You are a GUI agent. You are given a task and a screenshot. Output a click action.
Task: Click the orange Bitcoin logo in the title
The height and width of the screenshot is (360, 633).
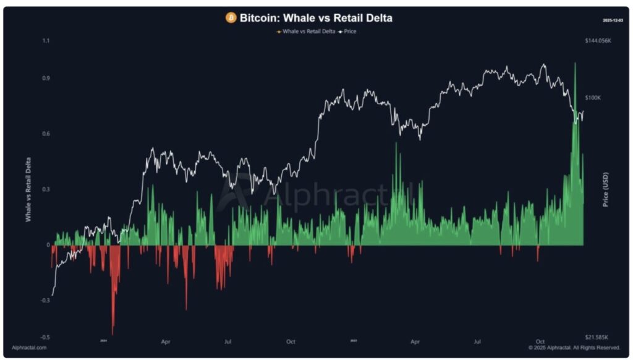[231, 18]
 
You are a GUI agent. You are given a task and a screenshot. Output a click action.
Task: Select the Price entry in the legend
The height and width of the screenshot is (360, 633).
[350, 31]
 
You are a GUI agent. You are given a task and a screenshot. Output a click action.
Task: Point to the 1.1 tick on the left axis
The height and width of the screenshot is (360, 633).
[46, 41]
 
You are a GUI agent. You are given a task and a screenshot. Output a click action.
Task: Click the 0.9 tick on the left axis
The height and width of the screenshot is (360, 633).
[46, 79]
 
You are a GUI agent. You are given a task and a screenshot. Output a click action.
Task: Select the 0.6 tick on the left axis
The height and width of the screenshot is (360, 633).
[46, 134]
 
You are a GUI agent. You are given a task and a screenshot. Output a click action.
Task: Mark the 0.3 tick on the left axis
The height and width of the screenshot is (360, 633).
[46, 189]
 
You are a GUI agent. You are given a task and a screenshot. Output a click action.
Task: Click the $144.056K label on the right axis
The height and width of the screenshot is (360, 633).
[598, 41]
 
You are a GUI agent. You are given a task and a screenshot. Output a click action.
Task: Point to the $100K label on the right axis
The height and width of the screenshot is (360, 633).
[592, 98]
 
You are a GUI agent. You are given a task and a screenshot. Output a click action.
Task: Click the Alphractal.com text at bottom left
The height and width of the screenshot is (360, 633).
[30, 348]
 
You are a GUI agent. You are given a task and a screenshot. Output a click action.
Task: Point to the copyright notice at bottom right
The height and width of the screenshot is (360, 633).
[574, 348]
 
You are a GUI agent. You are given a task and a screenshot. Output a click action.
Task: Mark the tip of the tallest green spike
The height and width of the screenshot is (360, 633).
[575, 63]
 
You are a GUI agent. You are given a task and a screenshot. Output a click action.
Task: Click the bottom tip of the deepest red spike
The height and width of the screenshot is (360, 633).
[113, 334]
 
